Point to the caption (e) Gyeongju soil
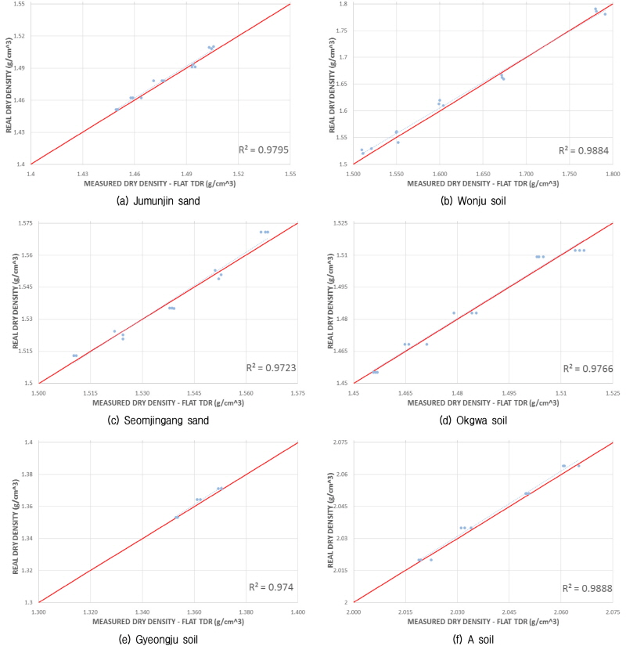(157, 639)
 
